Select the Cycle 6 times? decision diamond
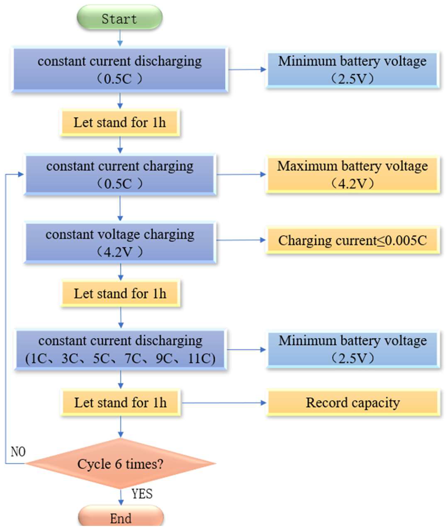click(x=120, y=464)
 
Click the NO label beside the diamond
click(x=18, y=452)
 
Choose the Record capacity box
click(x=353, y=403)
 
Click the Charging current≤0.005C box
click(x=353, y=240)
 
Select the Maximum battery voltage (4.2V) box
click(x=353, y=175)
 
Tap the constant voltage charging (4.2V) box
click(x=120, y=243)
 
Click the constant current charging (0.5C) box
click(x=120, y=175)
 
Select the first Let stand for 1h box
click(x=120, y=122)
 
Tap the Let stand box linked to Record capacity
click(x=120, y=403)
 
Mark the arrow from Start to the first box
click(x=120, y=38)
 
